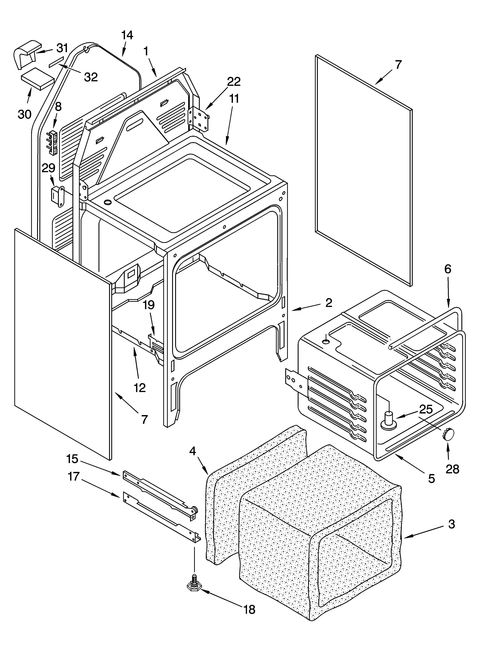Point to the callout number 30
[24, 114]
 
